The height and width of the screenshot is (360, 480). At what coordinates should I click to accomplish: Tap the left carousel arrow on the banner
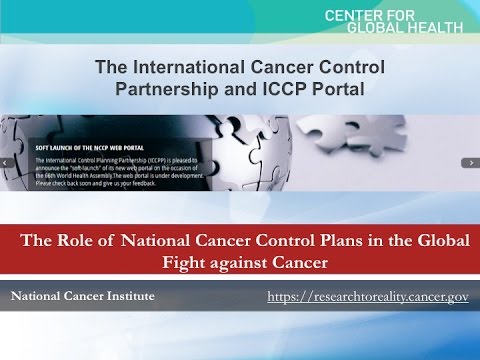8,162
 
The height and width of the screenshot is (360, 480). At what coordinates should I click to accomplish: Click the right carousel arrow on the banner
469,162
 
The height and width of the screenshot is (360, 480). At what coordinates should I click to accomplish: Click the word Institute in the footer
127,297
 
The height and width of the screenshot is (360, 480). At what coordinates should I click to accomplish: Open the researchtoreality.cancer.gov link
368,298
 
